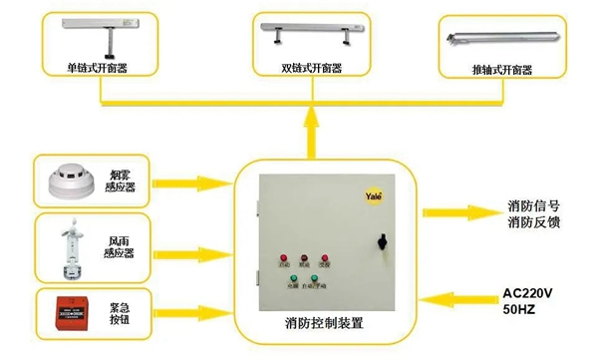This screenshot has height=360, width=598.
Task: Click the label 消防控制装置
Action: [x=324, y=323]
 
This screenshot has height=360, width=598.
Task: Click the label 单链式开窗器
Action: [x=98, y=70]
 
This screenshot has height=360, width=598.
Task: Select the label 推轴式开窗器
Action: [x=501, y=70]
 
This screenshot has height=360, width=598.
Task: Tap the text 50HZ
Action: [x=519, y=311]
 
